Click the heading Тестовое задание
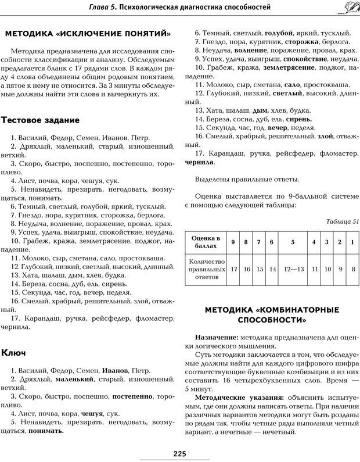(x=41, y=120)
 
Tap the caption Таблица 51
(x=343, y=221)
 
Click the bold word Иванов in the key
(x=114, y=370)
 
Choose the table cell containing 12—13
(x=293, y=269)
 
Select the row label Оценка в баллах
(x=206, y=242)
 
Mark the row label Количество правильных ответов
(x=206, y=269)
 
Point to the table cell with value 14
(x=271, y=269)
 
